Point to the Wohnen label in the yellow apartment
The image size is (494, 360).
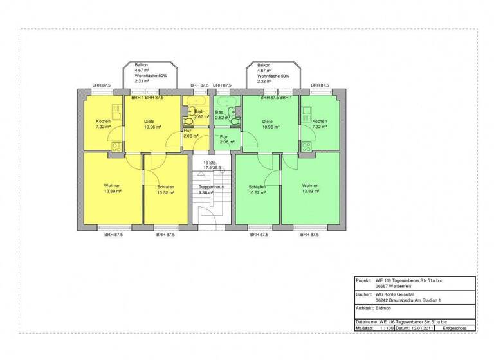pyautogui.click(x=113, y=185)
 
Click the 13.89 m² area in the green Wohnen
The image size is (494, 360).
pyautogui.click(x=311, y=191)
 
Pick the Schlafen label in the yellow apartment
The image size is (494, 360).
pyautogui.click(x=165, y=187)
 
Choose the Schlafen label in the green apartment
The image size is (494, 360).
pyautogui.click(x=257, y=187)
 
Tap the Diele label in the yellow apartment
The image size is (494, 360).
pyautogui.click(x=149, y=121)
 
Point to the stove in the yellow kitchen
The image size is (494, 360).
pyautogui.click(x=116, y=147)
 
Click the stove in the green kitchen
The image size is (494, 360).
pyautogui.click(x=306, y=147)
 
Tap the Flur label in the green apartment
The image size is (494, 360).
pyautogui.click(x=223, y=137)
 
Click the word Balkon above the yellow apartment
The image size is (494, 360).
pyautogui.click(x=141, y=65)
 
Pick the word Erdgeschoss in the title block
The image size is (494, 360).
pyautogui.click(x=455, y=328)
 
